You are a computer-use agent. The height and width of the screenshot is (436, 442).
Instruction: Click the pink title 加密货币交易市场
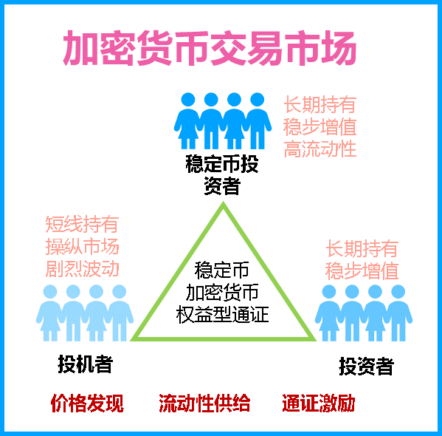[210, 48]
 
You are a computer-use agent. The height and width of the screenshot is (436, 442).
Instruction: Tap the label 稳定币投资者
[222, 175]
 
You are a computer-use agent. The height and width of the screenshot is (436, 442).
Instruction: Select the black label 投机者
[86, 364]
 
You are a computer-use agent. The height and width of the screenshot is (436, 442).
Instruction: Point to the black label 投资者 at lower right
[366, 367]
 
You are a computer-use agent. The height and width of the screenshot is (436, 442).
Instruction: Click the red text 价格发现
[87, 403]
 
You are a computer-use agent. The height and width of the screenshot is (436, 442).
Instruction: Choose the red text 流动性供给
[204, 403]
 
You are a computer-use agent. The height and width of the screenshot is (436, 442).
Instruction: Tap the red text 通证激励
[319, 403]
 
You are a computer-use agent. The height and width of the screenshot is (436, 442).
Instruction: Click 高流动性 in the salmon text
[320, 149]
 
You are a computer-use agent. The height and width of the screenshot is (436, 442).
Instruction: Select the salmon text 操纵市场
[83, 247]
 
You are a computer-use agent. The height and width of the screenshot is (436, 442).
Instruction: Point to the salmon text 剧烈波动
[83, 268]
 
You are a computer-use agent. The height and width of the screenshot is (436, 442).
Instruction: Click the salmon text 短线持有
[82, 224]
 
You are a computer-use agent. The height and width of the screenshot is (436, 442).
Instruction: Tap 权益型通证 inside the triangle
[222, 314]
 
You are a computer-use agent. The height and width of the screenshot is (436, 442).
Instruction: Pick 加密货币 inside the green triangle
[222, 292]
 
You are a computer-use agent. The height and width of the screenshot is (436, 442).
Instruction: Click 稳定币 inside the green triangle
[222, 270]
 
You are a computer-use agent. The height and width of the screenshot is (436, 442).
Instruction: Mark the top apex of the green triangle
[224, 202]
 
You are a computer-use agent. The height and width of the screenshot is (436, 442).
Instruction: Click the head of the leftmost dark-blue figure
[188, 100]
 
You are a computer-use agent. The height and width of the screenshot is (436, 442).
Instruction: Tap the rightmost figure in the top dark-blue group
[258, 120]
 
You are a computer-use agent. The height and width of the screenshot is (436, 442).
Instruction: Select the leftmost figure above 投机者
[50, 313]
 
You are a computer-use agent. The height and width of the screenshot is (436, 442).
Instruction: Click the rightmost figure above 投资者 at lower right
[398, 313]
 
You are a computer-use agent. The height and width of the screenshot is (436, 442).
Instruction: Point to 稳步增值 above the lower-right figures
[362, 270]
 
